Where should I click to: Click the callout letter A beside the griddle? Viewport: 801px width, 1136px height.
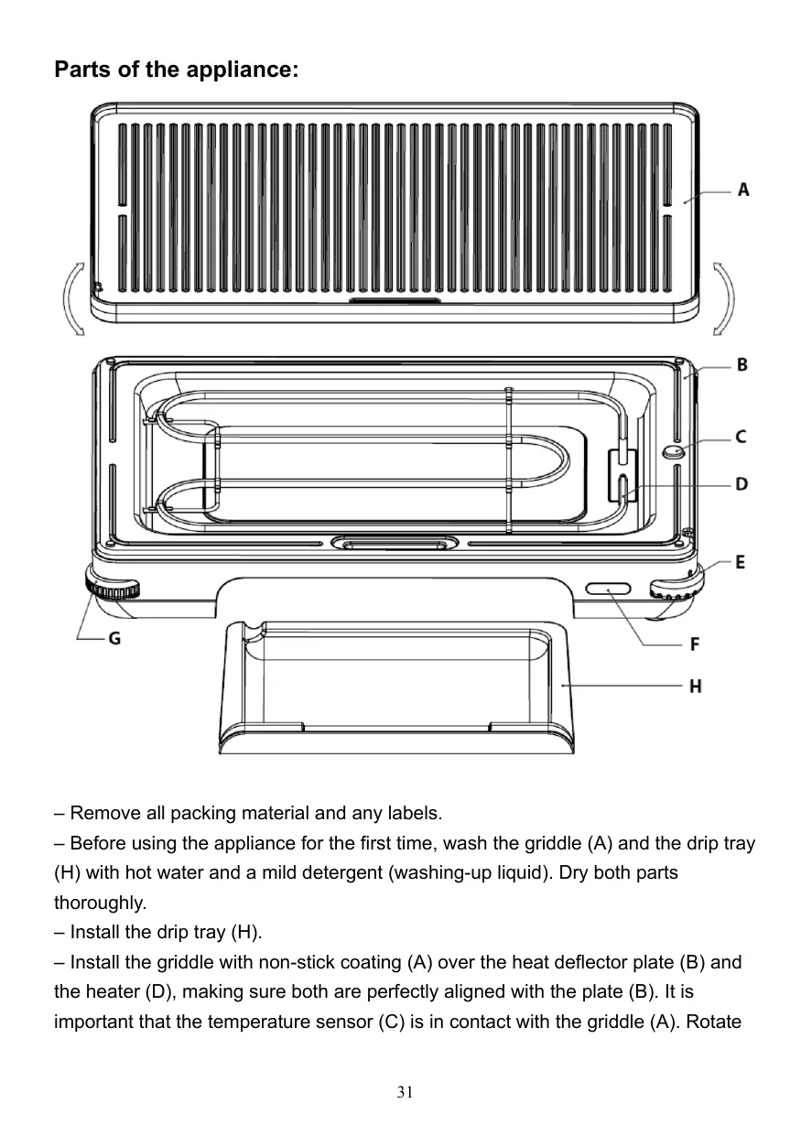coord(743,189)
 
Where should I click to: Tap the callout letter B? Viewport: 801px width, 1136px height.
coord(742,364)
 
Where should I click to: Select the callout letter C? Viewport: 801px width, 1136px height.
coord(741,437)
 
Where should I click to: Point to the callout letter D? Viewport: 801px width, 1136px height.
coord(742,483)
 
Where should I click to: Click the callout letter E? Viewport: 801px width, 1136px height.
coord(740,561)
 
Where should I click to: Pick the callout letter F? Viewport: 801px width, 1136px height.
coord(695,644)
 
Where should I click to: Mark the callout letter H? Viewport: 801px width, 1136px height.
coord(696,685)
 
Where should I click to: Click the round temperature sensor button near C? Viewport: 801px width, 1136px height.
coord(674,451)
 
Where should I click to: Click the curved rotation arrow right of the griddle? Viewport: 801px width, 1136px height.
coord(723,299)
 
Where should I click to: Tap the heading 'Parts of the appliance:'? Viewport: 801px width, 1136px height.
coord(176,70)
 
